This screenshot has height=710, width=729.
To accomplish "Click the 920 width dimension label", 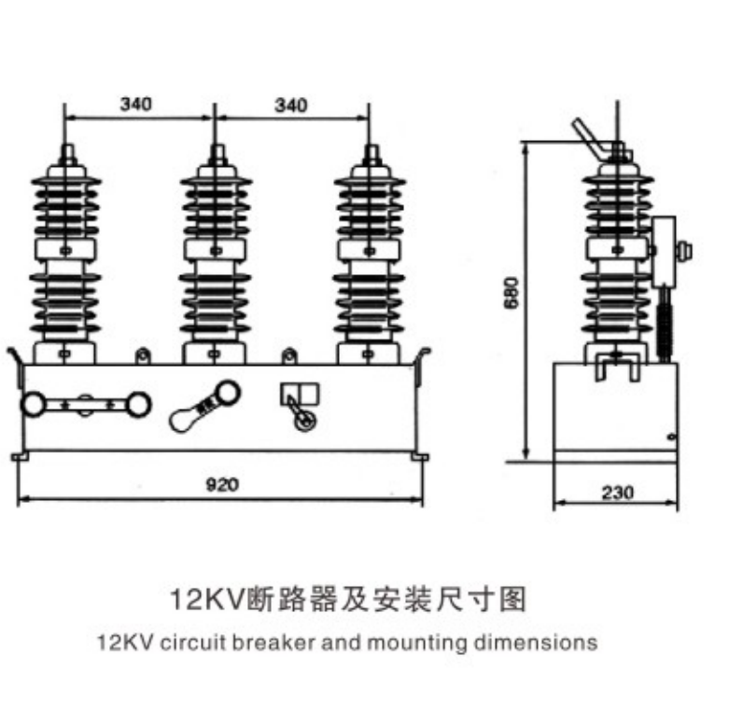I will (222, 484).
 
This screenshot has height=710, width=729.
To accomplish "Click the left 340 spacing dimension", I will (136, 104).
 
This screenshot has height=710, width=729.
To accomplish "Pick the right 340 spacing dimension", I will (290, 104).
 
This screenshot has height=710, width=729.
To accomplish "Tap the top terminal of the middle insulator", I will (216, 153).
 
